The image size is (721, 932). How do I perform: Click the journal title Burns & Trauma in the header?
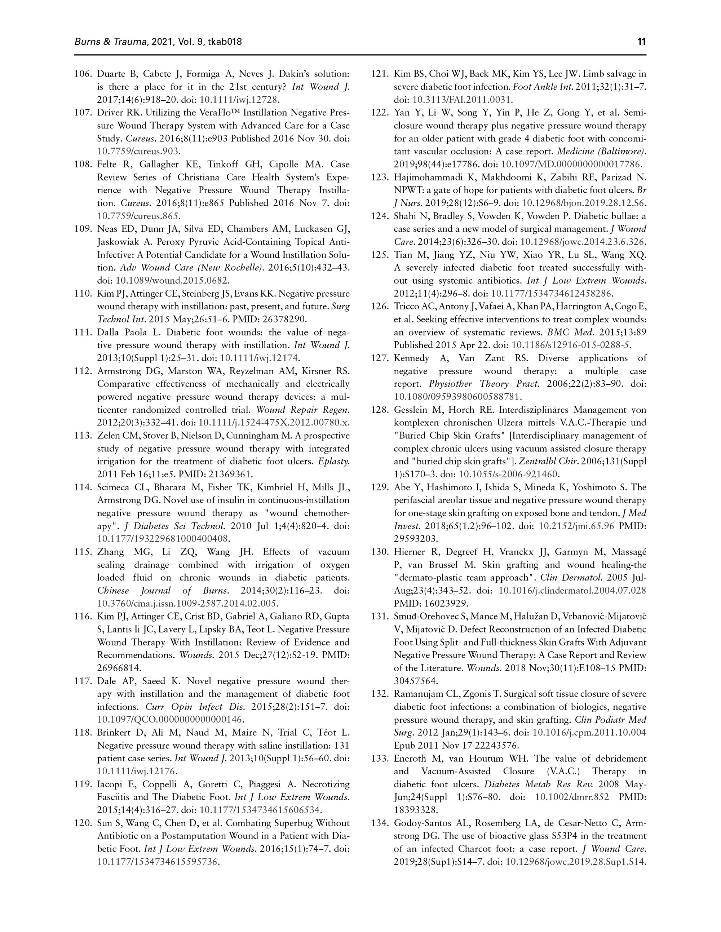(x=111, y=42)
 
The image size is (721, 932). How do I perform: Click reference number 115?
(x=83, y=552)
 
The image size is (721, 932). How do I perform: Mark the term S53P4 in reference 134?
(x=533, y=836)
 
